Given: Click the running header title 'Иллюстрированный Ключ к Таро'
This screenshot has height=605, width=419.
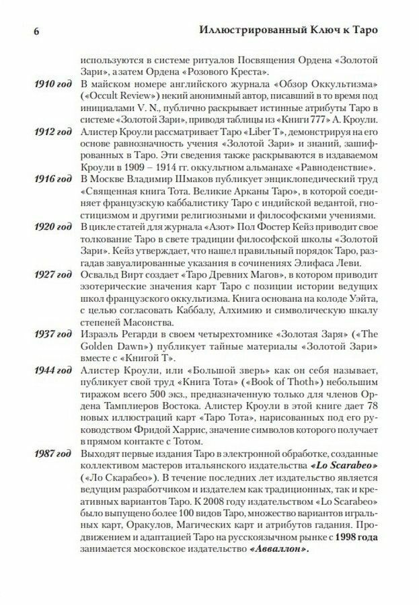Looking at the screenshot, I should [294, 30].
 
